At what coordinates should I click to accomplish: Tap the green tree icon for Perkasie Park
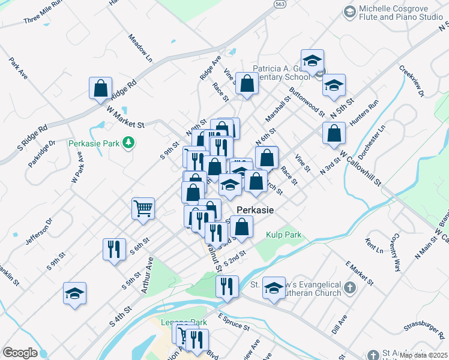tap(127, 142)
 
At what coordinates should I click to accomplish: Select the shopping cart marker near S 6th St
tap(143, 209)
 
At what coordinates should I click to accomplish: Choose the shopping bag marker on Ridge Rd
tap(100, 89)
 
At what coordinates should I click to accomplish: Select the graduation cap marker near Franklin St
tap(74, 293)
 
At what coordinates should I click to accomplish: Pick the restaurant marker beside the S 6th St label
tap(114, 248)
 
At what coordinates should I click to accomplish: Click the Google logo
tap(20, 352)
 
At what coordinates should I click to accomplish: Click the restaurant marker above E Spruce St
tap(227, 286)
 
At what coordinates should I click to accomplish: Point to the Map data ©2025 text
tap(423, 355)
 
